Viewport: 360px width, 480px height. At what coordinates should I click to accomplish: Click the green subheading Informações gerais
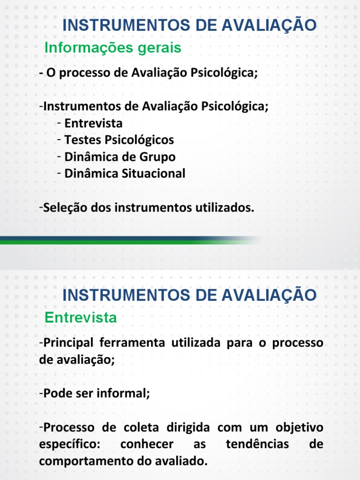pos(112,48)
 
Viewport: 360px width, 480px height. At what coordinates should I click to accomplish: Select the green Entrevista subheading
pos(81,317)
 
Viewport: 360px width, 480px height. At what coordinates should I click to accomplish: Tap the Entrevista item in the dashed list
pos(93,123)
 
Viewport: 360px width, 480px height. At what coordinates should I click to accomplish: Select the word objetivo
pos(299,427)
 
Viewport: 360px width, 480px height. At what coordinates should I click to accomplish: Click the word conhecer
pos(147,444)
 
